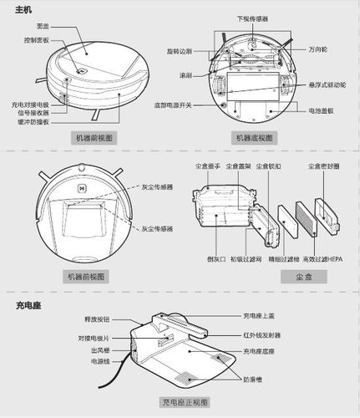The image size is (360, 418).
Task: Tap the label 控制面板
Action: pyautogui.click(x=36, y=39)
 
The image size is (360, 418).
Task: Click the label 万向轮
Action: pyautogui.click(x=320, y=48)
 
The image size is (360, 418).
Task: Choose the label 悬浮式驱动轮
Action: pyautogui.click(x=327, y=85)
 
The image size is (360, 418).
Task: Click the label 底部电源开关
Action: pyautogui.click(x=173, y=105)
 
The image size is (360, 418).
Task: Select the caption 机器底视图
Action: pyautogui.click(x=257, y=136)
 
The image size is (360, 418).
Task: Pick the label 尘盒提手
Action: pyautogui.click(x=205, y=166)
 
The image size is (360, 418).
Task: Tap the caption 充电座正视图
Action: pyautogui.click(x=185, y=402)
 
